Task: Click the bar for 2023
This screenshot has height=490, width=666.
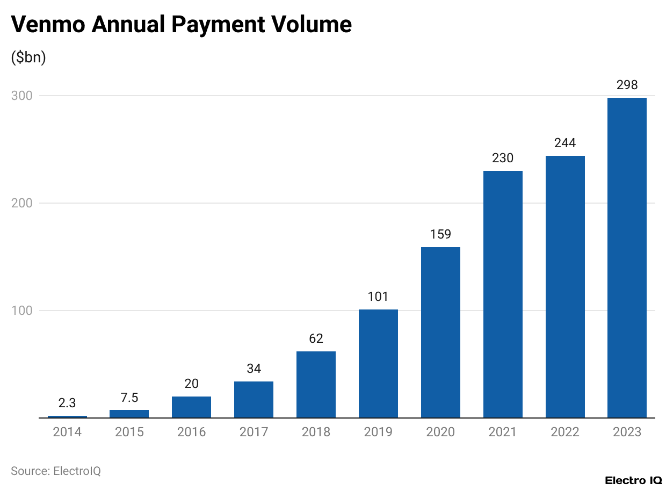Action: [x=627, y=258]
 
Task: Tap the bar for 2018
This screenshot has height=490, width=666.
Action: [x=316, y=385]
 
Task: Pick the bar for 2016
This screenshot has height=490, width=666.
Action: [x=191, y=407]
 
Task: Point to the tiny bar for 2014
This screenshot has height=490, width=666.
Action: [x=67, y=416]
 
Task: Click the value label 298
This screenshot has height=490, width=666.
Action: [x=627, y=85]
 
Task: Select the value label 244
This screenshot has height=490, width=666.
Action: [x=565, y=143]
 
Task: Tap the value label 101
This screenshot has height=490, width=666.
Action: [x=378, y=297]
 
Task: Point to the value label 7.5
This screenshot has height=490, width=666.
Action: [x=129, y=398]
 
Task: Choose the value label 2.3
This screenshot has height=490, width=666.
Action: [x=67, y=403]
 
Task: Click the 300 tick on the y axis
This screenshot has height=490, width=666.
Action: [x=21, y=96]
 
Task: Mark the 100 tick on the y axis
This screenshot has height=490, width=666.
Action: [x=21, y=311]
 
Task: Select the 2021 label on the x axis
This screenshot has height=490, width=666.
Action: [x=503, y=432]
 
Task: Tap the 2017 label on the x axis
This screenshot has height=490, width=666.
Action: [x=254, y=432]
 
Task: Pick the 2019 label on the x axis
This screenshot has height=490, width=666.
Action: [x=378, y=432]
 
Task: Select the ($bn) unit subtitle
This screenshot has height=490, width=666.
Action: [x=28, y=57]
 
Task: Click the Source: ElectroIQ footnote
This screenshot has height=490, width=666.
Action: [x=56, y=471]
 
